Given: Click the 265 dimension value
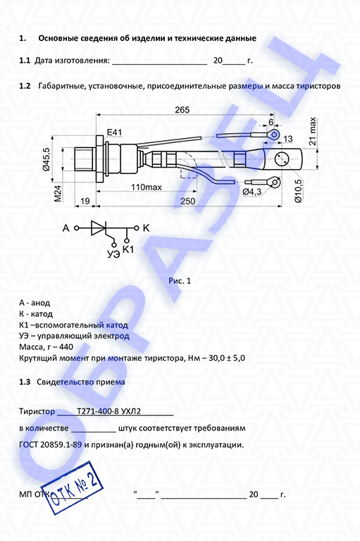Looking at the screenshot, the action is point(182,110).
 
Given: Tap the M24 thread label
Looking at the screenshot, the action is point(58,194).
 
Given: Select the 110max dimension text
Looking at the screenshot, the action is point(147,187).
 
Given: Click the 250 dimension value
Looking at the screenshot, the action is point(188,201).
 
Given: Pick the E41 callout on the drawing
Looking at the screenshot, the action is point(114,132).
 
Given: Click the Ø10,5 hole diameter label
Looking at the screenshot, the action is point(298,190).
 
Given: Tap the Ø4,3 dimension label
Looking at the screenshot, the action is point(252,192).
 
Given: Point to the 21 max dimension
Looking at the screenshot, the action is point(312,131).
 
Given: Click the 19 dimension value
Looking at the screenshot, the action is point(85,201).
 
